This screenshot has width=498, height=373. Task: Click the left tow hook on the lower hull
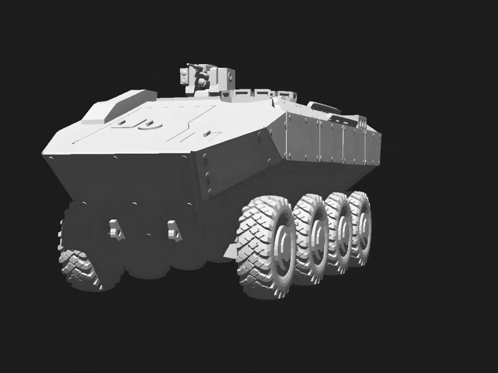[x=115, y=229]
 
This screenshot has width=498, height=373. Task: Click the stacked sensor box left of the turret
[x=184, y=76]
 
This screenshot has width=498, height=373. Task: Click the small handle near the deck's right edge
[x=207, y=133]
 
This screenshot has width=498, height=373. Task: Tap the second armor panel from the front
[x=331, y=141]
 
